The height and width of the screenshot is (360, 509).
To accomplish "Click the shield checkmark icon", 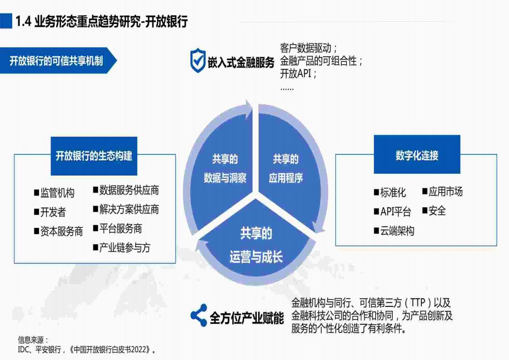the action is point(198,60).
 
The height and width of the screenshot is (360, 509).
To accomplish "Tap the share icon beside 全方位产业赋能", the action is point(199,315).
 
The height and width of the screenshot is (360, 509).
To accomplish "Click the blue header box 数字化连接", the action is point(417,154).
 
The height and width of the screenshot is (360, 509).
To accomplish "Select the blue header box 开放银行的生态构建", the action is point(94,156).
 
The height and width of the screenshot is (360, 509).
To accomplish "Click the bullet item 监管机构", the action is point(54,193).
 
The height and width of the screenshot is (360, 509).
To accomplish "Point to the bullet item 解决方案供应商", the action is point(126,210).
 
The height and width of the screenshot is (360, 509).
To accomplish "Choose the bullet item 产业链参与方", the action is point(122,248).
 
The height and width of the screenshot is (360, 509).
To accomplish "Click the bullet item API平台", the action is point(392,212).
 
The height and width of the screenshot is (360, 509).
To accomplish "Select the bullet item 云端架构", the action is point(394,231).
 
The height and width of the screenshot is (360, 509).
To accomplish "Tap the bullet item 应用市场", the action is point(442,192).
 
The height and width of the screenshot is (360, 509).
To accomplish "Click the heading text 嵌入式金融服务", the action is point(241,62).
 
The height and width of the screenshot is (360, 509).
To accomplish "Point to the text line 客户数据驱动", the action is point(308,48).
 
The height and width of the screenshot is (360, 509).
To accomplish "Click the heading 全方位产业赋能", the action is point(247,318).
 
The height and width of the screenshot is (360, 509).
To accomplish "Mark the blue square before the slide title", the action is point(6,21).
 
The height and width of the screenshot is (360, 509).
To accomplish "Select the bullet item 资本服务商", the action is point(59,232).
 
